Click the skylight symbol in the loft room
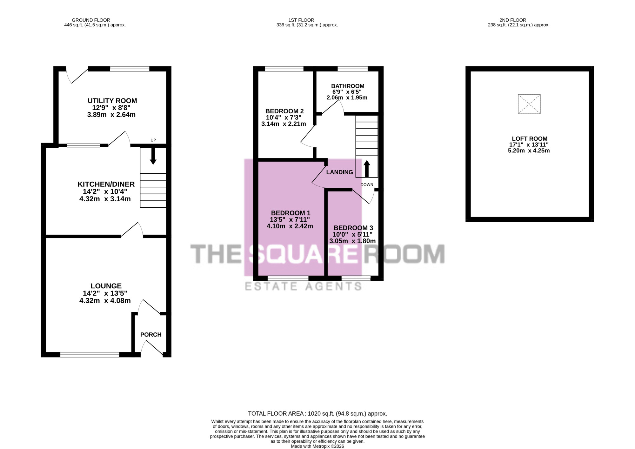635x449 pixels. (x=529, y=104)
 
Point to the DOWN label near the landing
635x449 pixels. (x=367, y=184)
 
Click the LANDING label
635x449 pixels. (x=339, y=172)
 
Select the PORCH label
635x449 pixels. (x=151, y=335)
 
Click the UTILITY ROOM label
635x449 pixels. (x=112, y=101)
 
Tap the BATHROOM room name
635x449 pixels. (x=348, y=86)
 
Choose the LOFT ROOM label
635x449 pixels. (x=530, y=139)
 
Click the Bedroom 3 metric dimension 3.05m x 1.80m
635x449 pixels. (x=352, y=241)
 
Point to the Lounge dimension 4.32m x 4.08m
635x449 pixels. (x=105, y=301)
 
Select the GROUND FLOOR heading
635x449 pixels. (x=91, y=20)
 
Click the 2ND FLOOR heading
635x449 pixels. (x=513, y=20)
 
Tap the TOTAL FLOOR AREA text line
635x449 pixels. (x=317, y=414)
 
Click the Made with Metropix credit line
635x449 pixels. (x=317, y=446)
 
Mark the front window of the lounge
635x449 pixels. (x=90, y=355)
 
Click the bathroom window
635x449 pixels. (x=352, y=69)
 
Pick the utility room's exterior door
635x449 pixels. (x=77, y=75)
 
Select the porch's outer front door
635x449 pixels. (x=152, y=348)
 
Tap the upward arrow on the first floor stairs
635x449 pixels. (x=367, y=169)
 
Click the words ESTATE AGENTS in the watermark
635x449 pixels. (x=303, y=286)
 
